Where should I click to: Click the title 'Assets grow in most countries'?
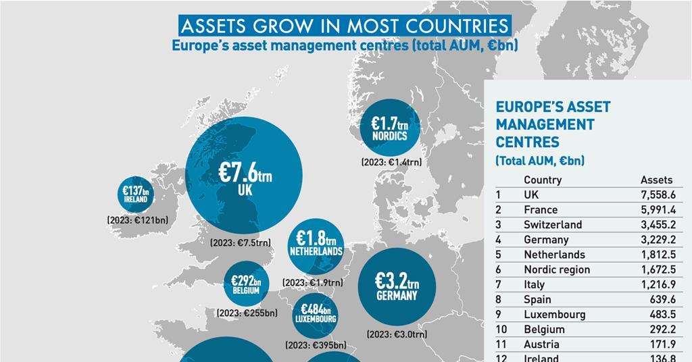click(344, 26)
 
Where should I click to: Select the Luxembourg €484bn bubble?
click(316, 313)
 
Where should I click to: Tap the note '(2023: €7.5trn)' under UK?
click(240, 242)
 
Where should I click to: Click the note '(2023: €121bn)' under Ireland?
click(138, 220)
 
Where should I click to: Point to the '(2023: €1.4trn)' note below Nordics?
click(391, 162)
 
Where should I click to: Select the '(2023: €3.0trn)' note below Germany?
click(397, 334)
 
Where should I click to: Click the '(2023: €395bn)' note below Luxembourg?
click(316, 344)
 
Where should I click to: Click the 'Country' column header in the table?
click(542, 180)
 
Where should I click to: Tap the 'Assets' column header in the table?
click(656, 180)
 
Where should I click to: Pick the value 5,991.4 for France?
click(658, 210)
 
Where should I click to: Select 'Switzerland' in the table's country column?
click(552, 225)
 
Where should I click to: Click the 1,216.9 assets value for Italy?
click(658, 284)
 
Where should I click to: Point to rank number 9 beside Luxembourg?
click(499, 314)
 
